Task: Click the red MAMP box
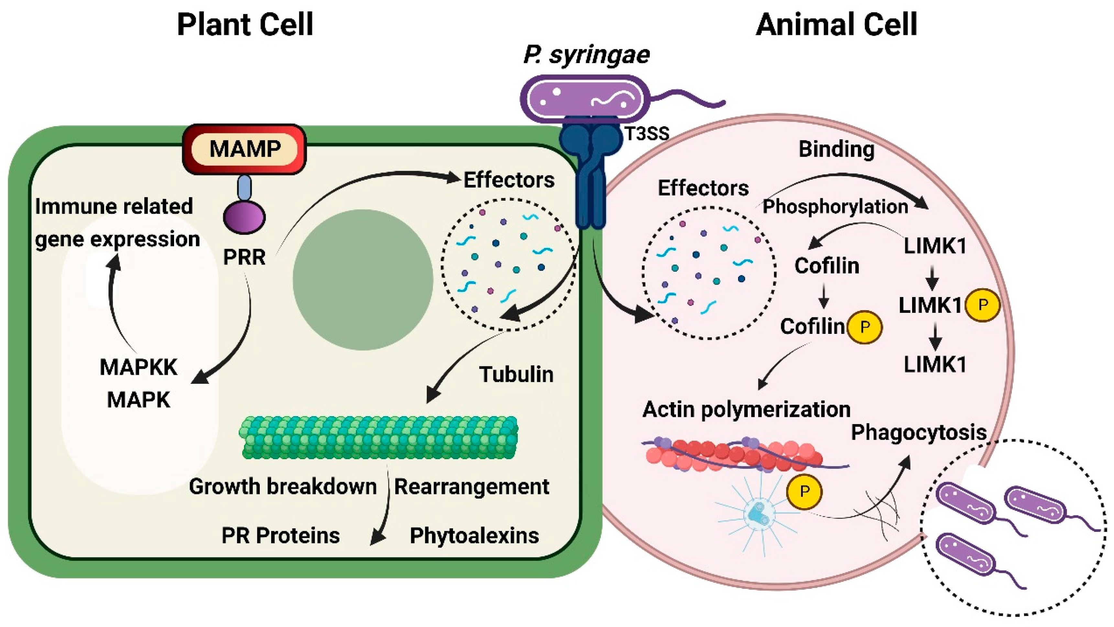[244, 149]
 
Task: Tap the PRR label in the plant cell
[244, 257]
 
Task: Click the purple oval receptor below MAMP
[244, 216]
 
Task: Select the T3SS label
[647, 134]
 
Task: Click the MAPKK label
[138, 368]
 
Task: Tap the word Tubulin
[516, 374]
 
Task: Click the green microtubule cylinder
[378, 437]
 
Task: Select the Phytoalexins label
[474, 536]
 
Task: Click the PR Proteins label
[280, 536]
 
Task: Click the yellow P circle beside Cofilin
[865, 327]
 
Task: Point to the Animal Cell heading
[836, 25]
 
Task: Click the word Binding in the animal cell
[836, 149]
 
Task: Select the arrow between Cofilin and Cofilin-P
[824, 296]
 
